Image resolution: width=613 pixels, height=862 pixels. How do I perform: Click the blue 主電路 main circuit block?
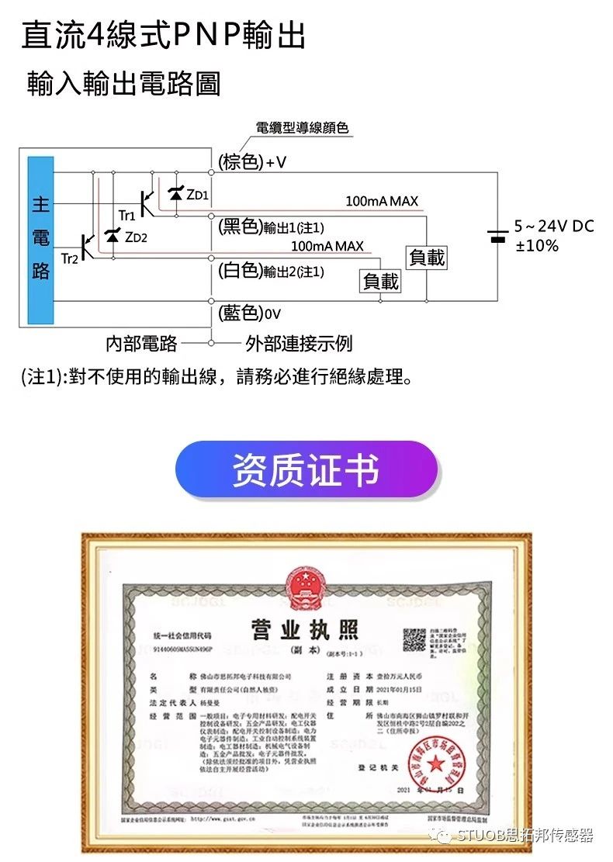click(x=40, y=240)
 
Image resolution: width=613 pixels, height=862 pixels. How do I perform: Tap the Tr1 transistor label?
click(x=126, y=214)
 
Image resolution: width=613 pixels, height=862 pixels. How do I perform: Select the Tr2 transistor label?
click(x=69, y=258)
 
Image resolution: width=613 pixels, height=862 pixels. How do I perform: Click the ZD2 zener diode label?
click(x=136, y=237)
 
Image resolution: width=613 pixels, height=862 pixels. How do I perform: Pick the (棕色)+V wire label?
click(x=252, y=161)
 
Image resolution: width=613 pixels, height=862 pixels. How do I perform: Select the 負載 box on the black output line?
click(x=427, y=257)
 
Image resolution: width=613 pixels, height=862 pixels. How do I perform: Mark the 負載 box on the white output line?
click(x=381, y=281)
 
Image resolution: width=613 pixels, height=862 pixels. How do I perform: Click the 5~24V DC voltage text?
click(x=554, y=227)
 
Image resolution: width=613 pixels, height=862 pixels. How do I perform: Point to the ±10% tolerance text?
click(x=537, y=246)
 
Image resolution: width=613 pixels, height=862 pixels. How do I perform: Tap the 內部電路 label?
click(x=141, y=343)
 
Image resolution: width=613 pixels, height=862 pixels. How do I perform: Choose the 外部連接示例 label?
click(x=299, y=343)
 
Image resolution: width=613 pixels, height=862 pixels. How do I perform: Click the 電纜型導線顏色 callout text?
click(x=302, y=128)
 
